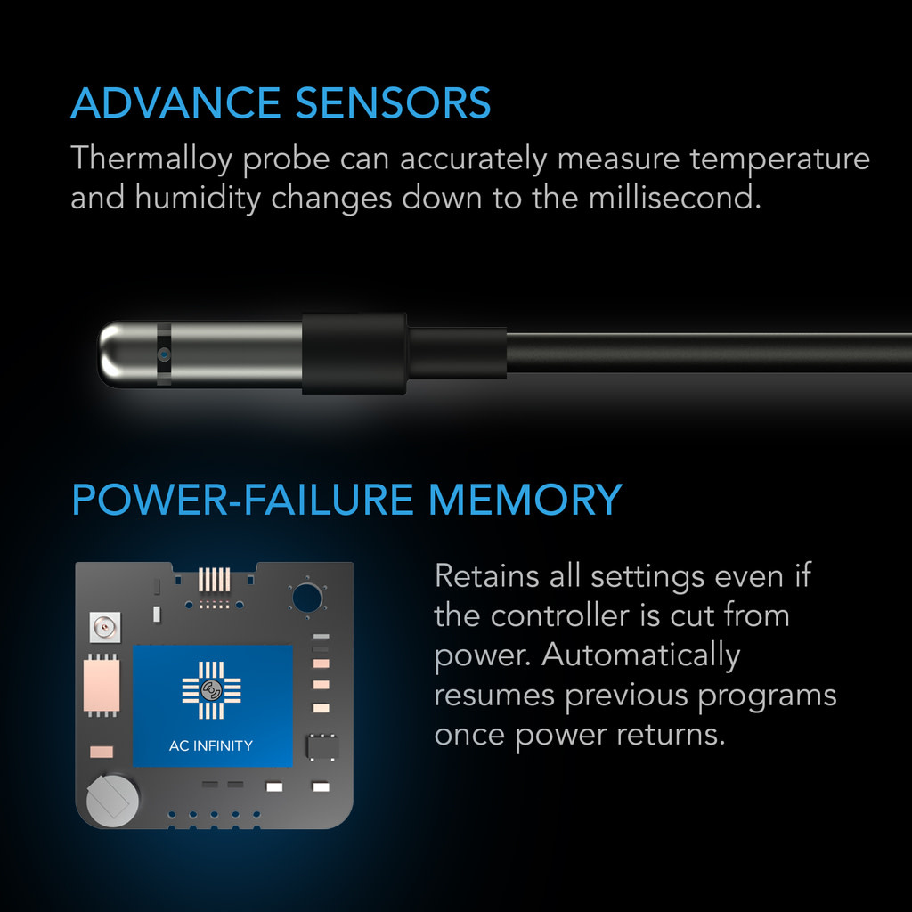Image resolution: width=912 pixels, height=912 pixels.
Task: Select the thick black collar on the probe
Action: click(354, 354)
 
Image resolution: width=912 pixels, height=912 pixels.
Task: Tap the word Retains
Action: click(485, 575)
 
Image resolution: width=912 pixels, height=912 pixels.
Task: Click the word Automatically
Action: click(640, 655)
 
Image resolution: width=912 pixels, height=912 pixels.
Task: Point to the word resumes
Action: click(494, 694)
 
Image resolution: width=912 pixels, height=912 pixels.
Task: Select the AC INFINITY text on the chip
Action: click(211, 745)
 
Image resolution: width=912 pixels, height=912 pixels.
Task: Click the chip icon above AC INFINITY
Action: click(211, 690)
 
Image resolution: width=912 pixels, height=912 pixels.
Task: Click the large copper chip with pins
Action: click(101, 685)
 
